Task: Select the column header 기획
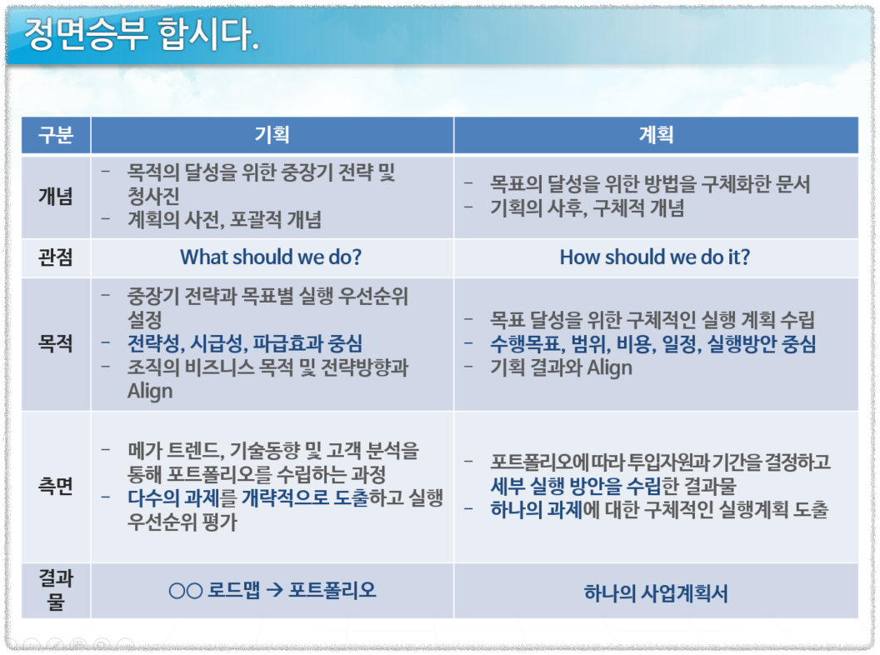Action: (272, 135)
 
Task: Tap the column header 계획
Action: (656, 135)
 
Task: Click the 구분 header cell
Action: (56, 135)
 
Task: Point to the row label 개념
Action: (56, 197)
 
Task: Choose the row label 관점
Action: (56, 257)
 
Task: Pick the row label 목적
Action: (56, 343)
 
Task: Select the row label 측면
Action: (56, 487)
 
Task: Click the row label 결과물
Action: (56, 590)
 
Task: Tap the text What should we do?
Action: (271, 257)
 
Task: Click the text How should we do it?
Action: (655, 257)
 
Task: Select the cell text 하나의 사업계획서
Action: (656, 593)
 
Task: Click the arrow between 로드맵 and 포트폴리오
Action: (274, 591)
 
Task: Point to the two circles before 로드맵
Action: (185, 591)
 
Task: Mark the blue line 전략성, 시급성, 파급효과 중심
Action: (245, 343)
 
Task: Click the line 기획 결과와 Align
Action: (561, 367)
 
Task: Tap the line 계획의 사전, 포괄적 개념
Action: (224, 220)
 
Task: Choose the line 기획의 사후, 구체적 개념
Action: (587, 208)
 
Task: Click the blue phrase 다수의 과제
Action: (172, 499)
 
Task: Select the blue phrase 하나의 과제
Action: (536, 510)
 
